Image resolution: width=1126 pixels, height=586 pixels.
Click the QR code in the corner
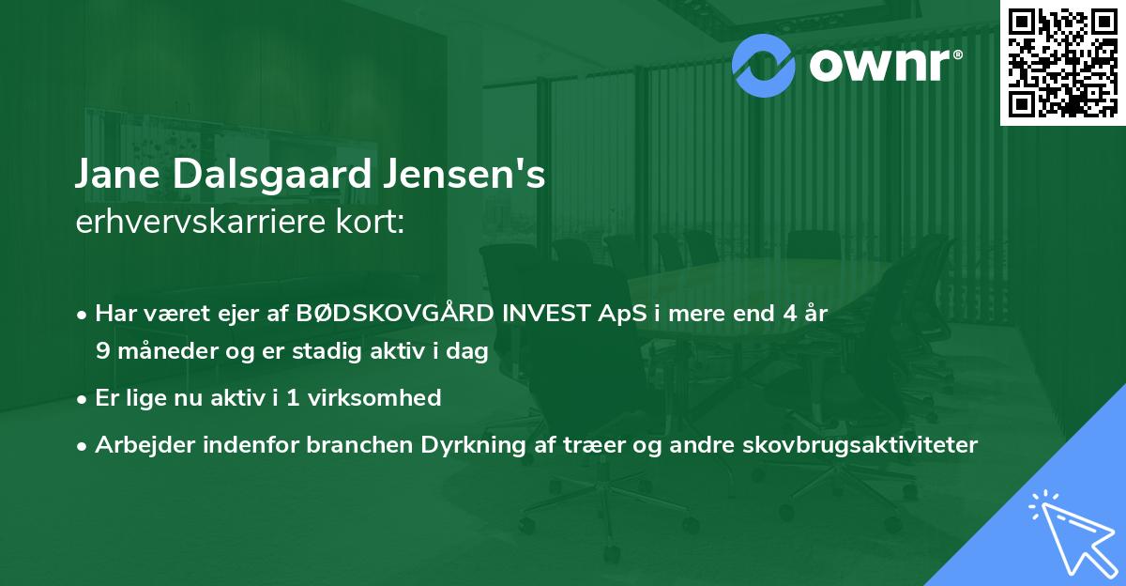(x=1062, y=62)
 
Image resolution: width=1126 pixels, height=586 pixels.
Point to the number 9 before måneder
(x=102, y=351)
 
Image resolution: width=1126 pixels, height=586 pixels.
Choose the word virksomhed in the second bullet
(x=376, y=398)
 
